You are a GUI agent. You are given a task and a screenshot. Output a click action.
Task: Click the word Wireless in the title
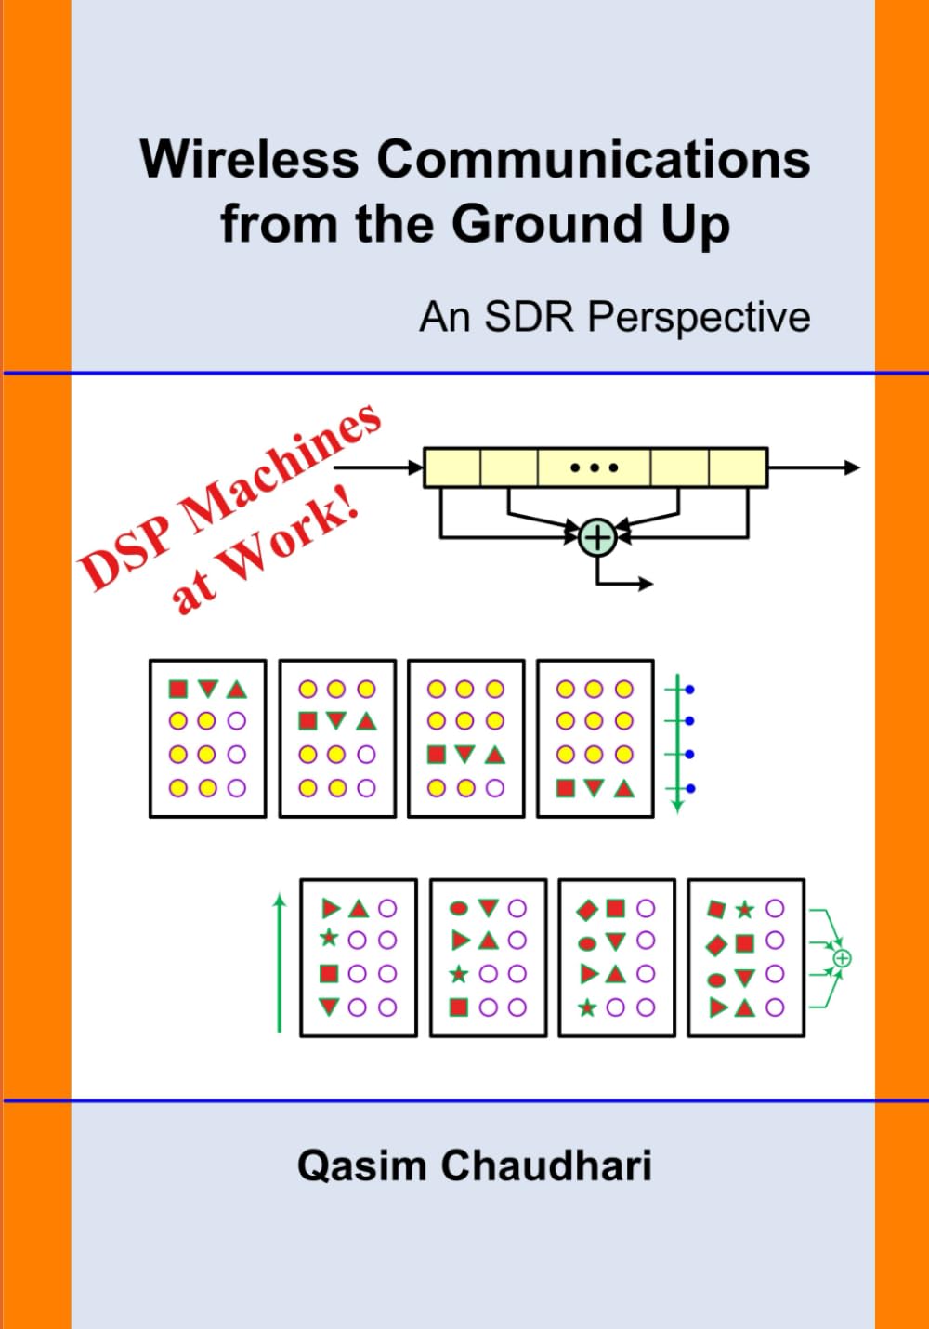(x=249, y=159)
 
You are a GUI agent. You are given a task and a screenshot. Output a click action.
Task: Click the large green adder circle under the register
(x=597, y=537)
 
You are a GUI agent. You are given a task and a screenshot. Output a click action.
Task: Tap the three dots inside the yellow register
(x=594, y=467)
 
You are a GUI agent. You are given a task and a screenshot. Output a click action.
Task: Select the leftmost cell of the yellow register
(x=452, y=467)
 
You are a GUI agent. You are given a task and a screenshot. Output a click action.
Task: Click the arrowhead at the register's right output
(x=852, y=467)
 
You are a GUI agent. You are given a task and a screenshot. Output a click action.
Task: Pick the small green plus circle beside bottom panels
(x=842, y=958)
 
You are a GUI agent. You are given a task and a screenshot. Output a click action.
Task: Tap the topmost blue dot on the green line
(x=689, y=690)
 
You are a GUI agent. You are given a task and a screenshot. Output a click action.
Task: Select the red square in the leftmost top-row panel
(x=178, y=689)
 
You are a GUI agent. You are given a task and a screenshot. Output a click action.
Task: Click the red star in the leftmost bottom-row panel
(x=329, y=939)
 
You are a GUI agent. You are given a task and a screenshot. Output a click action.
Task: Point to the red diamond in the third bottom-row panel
(x=587, y=910)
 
